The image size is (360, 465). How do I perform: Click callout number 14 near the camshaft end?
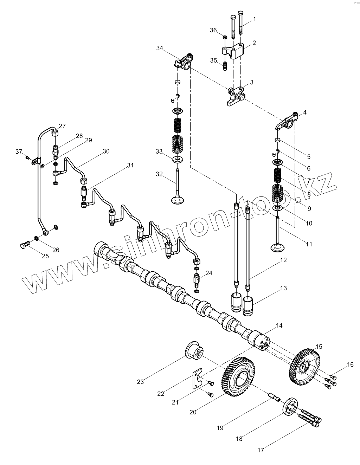(279, 325)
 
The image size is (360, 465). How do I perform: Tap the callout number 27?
(62, 126)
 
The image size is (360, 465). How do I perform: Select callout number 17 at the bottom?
(261, 450)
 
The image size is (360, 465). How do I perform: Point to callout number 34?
(160, 48)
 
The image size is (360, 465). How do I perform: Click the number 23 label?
(140, 382)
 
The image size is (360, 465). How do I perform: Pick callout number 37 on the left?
(19, 151)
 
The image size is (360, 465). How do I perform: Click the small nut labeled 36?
(225, 36)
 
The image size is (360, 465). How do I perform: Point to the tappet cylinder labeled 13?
(248, 304)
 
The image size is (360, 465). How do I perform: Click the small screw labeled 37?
(28, 157)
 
